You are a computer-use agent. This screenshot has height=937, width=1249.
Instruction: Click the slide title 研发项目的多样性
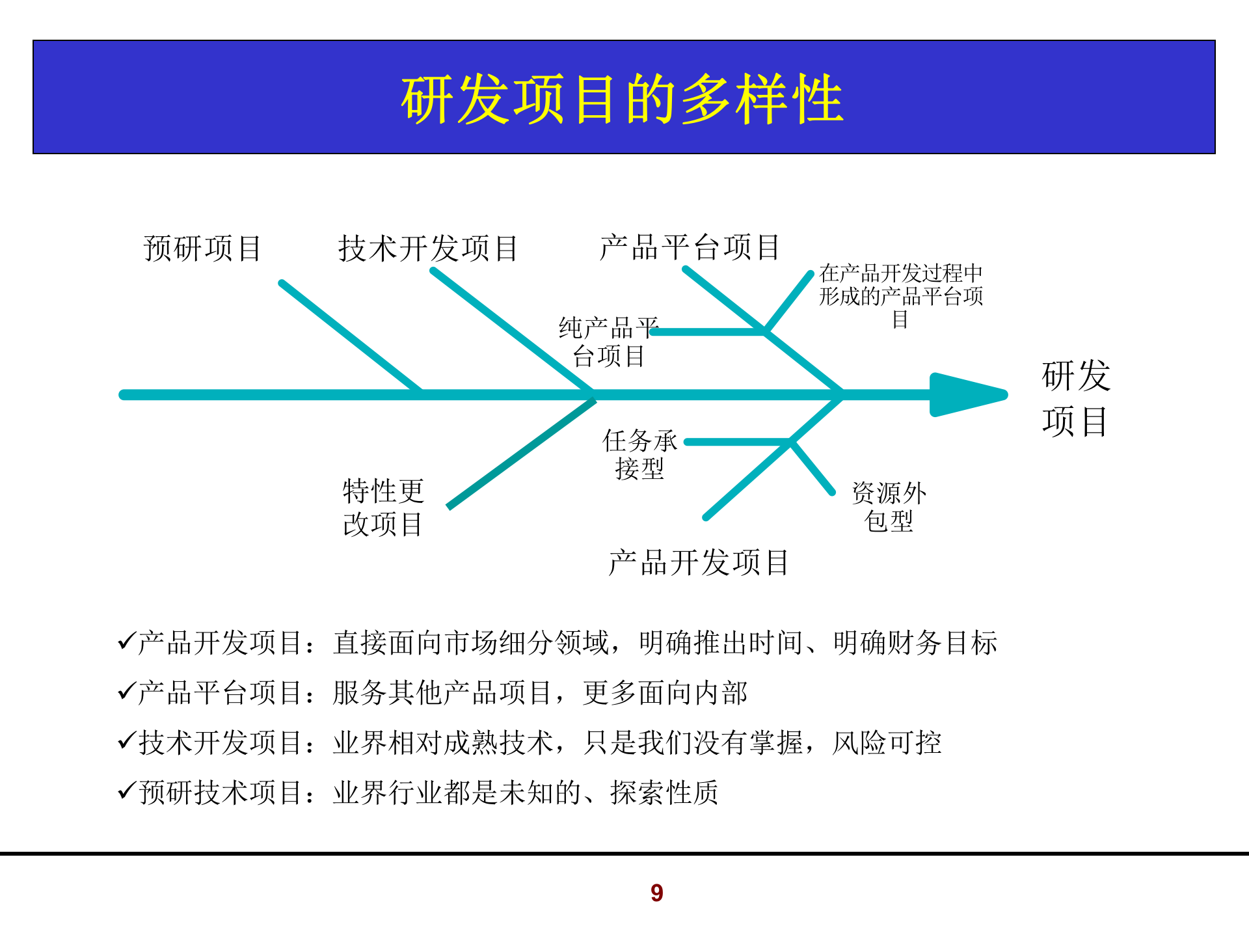pos(623,99)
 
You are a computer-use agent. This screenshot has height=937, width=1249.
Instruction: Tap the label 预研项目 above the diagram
pos(202,249)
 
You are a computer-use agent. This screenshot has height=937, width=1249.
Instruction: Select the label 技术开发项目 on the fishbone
pos(428,249)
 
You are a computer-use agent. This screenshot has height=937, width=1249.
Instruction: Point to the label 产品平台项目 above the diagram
pos(690,247)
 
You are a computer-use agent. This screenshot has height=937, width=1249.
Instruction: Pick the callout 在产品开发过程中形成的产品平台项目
pos(901,296)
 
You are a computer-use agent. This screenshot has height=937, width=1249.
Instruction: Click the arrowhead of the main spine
pos(966,394)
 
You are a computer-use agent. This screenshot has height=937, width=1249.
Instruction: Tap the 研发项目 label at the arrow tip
pos(1076,398)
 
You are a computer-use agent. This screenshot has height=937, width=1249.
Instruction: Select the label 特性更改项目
pos(383,508)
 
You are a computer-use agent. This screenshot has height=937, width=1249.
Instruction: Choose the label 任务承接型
pos(639,454)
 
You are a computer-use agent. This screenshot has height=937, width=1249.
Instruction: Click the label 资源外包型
pos(889,507)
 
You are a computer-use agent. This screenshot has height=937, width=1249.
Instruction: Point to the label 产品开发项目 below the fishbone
pos(699,563)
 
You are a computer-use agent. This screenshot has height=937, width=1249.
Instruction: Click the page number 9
pos(657,893)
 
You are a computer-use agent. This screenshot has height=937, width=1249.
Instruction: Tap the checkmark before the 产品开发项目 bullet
pos(126,642)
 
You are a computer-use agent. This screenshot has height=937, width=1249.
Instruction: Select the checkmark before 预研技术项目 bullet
pos(126,791)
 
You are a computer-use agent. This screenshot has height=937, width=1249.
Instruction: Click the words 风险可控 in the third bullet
pos(887,742)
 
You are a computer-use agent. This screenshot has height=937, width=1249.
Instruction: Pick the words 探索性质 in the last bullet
pos(664,793)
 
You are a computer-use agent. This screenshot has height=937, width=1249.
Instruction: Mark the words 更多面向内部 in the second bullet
pos(665,693)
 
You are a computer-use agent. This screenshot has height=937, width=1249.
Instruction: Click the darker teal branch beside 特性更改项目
pos(520,454)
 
